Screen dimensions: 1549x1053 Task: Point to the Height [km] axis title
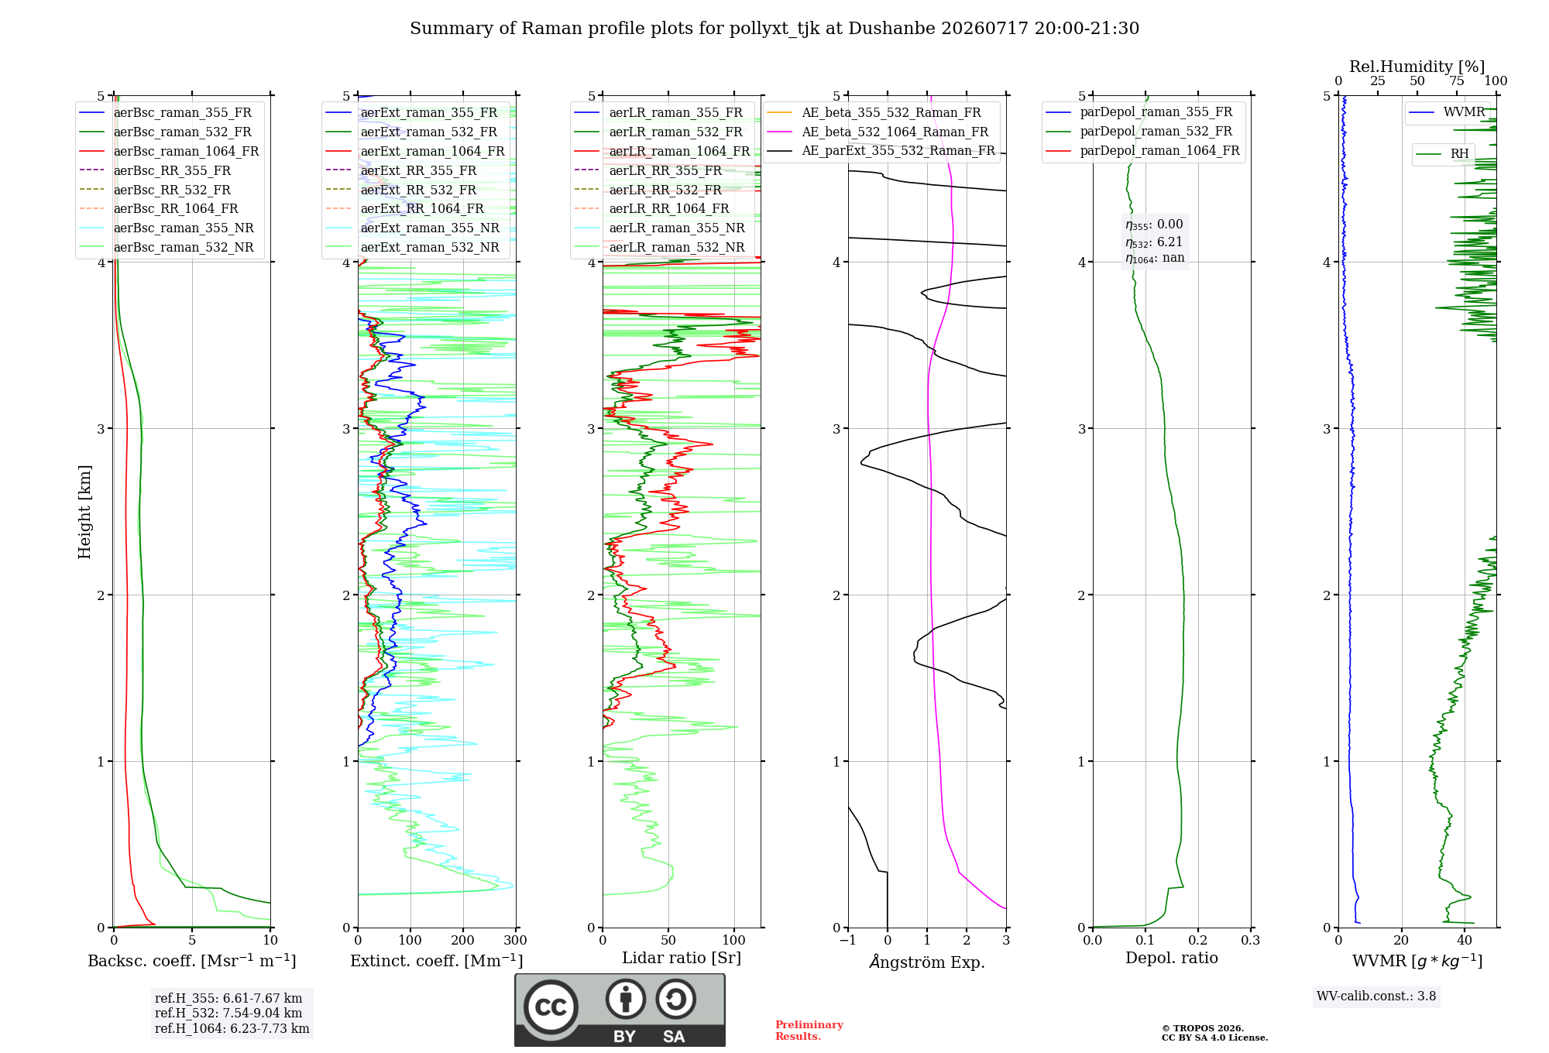pos(84,512)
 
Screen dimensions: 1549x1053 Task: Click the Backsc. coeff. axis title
pos(192,960)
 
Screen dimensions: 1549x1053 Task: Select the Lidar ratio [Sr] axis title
pos(682,958)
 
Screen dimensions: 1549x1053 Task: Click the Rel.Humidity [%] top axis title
pos(1417,67)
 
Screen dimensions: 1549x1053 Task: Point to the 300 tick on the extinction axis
pos(516,940)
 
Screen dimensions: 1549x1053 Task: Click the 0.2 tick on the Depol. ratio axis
pos(1198,940)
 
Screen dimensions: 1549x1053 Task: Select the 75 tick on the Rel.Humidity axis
pos(1457,81)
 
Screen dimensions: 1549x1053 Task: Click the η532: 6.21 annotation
pos(1154,242)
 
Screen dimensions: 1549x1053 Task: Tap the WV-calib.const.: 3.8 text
pos(1376,996)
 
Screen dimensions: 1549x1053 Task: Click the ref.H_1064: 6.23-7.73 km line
pos(232,1028)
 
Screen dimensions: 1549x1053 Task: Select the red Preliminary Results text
pos(809,1031)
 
